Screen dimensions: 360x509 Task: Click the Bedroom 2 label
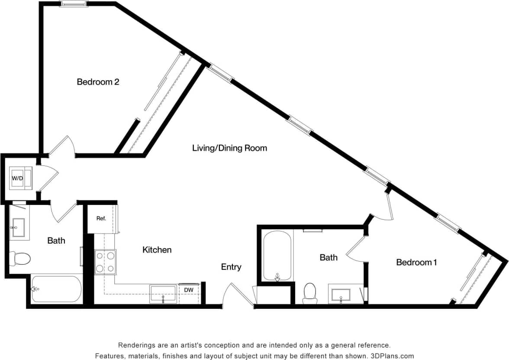(98, 81)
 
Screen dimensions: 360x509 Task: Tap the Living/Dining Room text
(229, 148)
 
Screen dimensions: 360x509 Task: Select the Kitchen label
(157, 250)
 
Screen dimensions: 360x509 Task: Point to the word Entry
(231, 267)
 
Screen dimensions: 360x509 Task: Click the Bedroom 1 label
(414, 262)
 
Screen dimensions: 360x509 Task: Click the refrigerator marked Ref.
(101, 219)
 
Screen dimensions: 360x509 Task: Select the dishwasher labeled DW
(189, 290)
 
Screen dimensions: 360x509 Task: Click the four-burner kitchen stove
(106, 262)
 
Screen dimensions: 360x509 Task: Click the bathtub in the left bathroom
(56, 289)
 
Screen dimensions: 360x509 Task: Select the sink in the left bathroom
(19, 227)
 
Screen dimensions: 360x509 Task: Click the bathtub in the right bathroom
(277, 256)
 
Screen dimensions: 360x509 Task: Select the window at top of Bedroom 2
(74, 4)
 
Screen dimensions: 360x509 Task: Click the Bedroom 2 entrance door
(61, 146)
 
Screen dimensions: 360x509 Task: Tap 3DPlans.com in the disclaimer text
(390, 356)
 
